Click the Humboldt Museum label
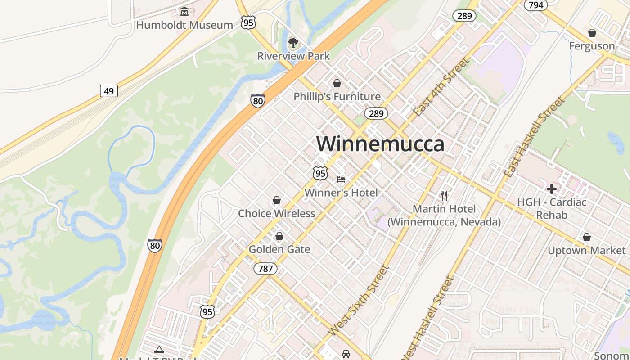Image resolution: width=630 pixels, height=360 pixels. [184, 25]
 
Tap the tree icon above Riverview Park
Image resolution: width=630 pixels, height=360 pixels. [293, 43]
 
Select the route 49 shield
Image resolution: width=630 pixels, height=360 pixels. [108, 91]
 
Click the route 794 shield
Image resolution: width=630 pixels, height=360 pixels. [535, 5]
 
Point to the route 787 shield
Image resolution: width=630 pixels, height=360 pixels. [265, 269]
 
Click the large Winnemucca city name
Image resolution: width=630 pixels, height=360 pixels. [380, 144]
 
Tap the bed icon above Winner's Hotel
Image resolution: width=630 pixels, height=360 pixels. [341, 180]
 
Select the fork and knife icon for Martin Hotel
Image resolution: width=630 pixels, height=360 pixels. [444, 195]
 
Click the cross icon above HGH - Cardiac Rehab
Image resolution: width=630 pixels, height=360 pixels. [552, 189]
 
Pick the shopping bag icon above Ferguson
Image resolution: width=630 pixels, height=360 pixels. [592, 33]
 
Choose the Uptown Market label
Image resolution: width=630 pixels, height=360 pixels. [586, 251]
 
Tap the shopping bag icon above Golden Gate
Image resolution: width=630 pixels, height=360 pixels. [279, 236]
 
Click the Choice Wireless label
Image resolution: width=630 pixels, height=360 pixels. [276, 213]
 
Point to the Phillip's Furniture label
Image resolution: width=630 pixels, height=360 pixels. [337, 97]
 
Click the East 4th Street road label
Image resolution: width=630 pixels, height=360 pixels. [442, 86]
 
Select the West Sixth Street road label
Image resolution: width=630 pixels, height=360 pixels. [358, 301]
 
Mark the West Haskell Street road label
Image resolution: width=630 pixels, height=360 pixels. [427, 317]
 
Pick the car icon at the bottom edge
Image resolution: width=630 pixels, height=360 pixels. [346, 354]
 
